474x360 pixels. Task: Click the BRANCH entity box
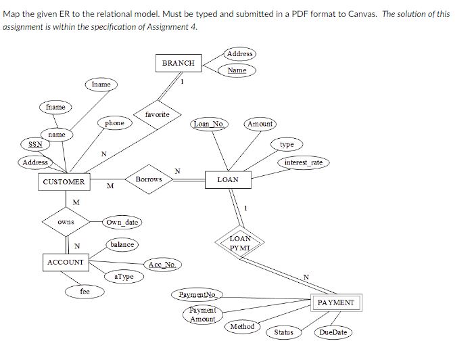click(x=179, y=63)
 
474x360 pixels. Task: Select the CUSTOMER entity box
click(x=64, y=181)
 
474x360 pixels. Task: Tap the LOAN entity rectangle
click(x=228, y=179)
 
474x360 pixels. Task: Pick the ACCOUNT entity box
click(x=65, y=262)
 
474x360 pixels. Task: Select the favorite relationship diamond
click(x=157, y=114)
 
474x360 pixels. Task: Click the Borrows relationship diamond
click(x=149, y=179)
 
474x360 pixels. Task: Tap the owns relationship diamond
click(x=66, y=222)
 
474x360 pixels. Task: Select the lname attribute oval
click(x=101, y=85)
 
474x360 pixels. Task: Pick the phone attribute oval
click(x=114, y=123)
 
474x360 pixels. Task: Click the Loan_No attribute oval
click(x=210, y=124)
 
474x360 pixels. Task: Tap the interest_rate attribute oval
click(x=303, y=162)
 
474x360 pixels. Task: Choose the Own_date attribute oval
click(x=122, y=222)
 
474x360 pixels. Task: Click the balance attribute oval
click(x=121, y=244)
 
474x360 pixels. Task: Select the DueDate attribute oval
click(x=333, y=332)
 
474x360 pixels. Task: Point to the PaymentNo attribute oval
click(x=197, y=294)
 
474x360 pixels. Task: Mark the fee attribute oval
click(x=85, y=291)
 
